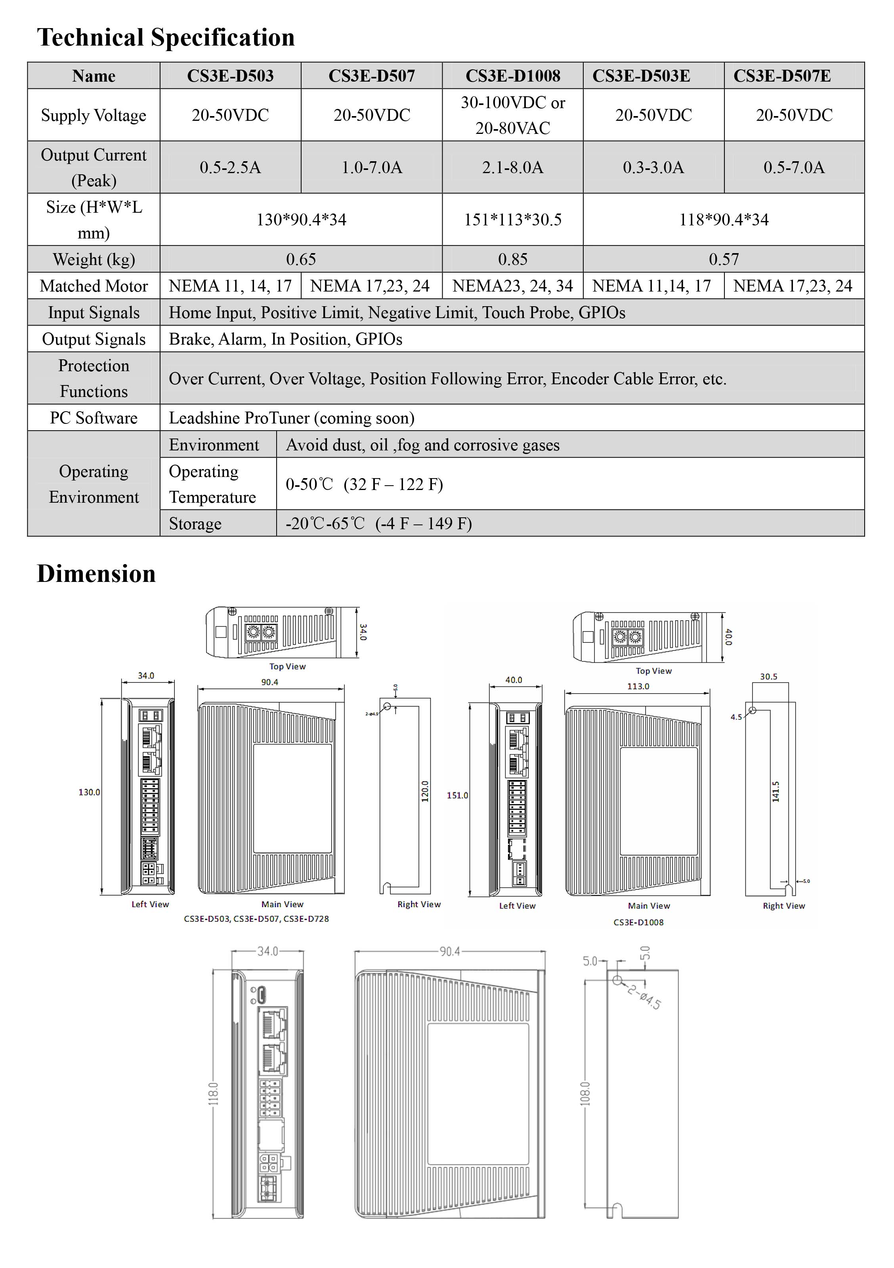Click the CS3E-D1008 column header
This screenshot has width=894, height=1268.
coord(512,76)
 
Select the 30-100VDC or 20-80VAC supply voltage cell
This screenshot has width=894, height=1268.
coord(512,115)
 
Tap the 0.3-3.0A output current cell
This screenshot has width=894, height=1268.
coord(653,167)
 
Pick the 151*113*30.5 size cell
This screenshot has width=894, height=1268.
coord(512,220)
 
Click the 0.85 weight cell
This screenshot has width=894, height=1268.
coord(512,259)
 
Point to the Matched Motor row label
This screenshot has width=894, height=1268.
coord(94,286)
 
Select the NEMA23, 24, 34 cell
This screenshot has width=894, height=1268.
coord(512,286)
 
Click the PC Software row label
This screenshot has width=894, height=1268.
coord(94,418)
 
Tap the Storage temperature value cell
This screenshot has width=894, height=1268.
coord(378,524)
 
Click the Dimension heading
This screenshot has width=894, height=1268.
coord(96,574)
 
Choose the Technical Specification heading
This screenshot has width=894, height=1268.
coord(166,38)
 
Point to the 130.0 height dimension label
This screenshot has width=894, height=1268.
coord(89,792)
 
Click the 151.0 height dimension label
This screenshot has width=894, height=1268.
coord(457,795)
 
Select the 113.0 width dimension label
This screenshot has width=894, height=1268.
coord(638,686)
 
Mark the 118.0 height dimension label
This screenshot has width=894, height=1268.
coord(213,1093)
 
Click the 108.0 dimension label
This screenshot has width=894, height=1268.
coord(585,1093)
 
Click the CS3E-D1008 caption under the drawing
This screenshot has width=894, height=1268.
coord(638,922)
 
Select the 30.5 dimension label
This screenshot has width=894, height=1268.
coord(768,677)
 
